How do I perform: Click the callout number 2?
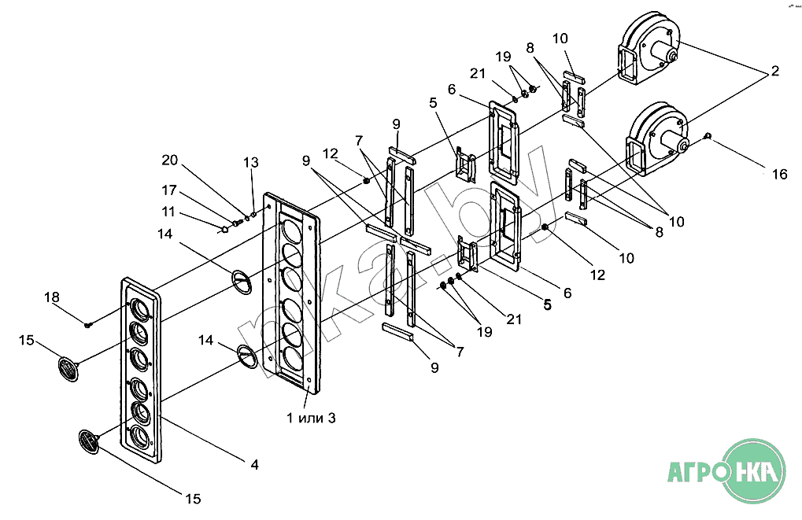pyautogui.click(x=775, y=71)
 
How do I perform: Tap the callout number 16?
pyautogui.click(x=779, y=175)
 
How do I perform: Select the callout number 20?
pyautogui.click(x=169, y=160)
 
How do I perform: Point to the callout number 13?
pyautogui.click(x=250, y=163)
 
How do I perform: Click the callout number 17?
pyautogui.click(x=168, y=190)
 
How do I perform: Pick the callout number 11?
pyautogui.click(x=168, y=211)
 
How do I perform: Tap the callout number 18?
pyautogui.click(x=52, y=297)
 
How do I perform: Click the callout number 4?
pyautogui.click(x=254, y=465)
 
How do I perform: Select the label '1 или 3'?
pyautogui.click(x=311, y=419)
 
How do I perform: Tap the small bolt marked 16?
pyautogui.click(x=708, y=135)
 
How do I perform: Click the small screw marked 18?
pyautogui.click(x=87, y=323)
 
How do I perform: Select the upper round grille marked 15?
pyautogui.click(x=68, y=369)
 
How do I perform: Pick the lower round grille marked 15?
pyautogui.click(x=89, y=441)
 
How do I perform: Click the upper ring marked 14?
pyautogui.click(x=242, y=282)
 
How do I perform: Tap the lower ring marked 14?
pyautogui.click(x=249, y=356)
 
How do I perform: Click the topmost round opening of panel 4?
pyautogui.click(x=139, y=309)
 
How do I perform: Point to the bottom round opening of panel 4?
pyautogui.click(x=141, y=436)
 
